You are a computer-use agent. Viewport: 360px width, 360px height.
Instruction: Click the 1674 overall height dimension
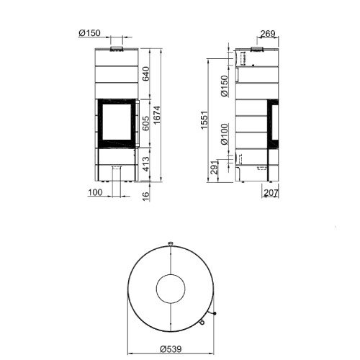point(157,115)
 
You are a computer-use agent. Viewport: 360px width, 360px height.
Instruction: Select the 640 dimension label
point(145,74)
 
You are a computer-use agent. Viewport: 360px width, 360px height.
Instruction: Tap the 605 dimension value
point(145,123)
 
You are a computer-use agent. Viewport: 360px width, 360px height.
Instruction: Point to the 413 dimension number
point(145,164)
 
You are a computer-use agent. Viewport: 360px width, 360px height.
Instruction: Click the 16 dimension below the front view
point(145,196)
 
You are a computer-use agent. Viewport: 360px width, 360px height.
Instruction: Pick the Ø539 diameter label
point(171,348)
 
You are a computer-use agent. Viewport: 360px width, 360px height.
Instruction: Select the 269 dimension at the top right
point(268,34)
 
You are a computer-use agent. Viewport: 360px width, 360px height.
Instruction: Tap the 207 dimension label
point(271,192)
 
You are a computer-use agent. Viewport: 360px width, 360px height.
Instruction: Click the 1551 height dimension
point(204,120)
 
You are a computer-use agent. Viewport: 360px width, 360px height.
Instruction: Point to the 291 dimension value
point(215,167)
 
